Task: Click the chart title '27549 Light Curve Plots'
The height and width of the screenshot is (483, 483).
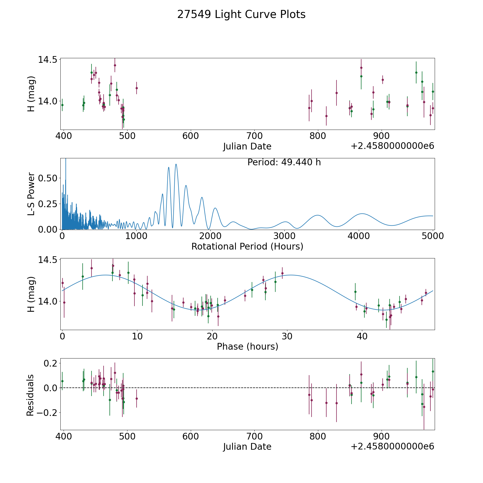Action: (x=241, y=14)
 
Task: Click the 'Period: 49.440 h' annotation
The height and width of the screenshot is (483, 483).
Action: (x=284, y=162)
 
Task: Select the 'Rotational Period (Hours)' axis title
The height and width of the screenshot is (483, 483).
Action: (x=247, y=246)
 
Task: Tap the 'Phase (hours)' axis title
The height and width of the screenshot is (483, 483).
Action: (x=247, y=346)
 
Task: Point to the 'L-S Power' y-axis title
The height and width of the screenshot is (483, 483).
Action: (x=31, y=194)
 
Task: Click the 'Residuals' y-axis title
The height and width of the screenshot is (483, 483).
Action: (x=30, y=395)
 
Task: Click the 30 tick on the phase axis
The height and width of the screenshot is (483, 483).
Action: (x=287, y=336)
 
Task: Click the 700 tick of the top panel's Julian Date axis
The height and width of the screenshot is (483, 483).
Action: (x=254, y=136)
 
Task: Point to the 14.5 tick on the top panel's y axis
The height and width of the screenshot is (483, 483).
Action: (x=47, y=60)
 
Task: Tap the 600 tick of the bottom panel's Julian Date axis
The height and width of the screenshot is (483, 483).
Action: (x=191, y=437)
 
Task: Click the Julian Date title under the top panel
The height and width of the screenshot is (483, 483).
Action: (x=247, y=147)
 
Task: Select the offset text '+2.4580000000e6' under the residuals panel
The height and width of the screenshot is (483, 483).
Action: (x=392, y=447)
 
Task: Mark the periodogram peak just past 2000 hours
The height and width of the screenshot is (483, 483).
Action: (x=215, y=208)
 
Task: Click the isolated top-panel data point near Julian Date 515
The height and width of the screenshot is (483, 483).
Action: (x=137, y=88)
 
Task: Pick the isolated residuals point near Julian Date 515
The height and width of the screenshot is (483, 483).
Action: (x=137, y=398)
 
